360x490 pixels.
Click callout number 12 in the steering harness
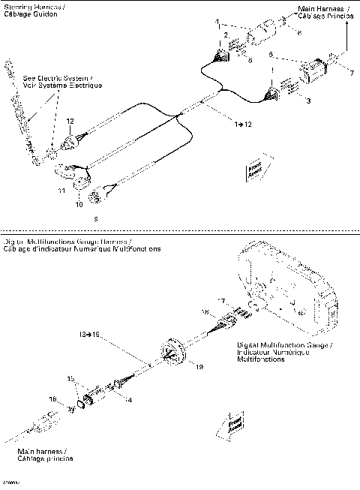70,122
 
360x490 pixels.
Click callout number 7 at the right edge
349,72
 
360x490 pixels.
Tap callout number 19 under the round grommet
199,367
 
